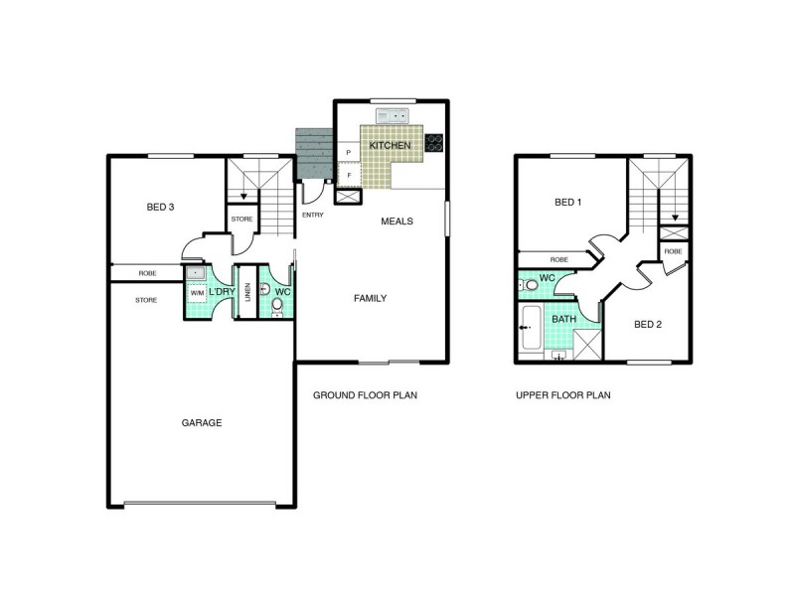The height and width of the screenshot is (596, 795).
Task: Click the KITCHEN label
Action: [x=390, y=145]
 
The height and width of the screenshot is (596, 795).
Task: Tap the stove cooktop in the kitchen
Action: [x=434, y=142]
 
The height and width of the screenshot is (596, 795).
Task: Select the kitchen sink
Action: [x=392, y=116]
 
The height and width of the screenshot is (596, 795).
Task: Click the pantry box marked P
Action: [x=349, y=152]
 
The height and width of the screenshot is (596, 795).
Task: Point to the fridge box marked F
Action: [x=349, y=176]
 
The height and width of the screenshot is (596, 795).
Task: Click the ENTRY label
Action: [x=313, y=215]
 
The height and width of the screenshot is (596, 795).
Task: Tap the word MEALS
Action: [x=397, y=222]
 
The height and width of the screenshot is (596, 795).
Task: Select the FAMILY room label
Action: [x=370, y=299]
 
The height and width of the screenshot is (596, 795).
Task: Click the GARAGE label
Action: [x=202, y=423]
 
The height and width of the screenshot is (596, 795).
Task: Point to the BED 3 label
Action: [x=160, y=207]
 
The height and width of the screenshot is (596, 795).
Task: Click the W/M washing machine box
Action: [x=197, y=293]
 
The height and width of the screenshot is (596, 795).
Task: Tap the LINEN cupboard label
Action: [x=247, y=292]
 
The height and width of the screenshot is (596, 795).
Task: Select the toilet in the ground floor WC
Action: [x=277, y=307]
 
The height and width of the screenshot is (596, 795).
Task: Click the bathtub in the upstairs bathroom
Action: [x=532, y=328]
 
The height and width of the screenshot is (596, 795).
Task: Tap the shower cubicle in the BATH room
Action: [x=587, y=345]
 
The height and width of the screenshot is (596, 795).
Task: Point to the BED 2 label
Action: [x=648, y=325]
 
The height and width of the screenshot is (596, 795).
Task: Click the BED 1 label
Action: [x=567, y=203]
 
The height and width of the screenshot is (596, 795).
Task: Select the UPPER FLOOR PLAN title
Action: [x=563, y=395]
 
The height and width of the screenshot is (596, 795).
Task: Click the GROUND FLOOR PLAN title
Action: [x=365, y=395]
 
